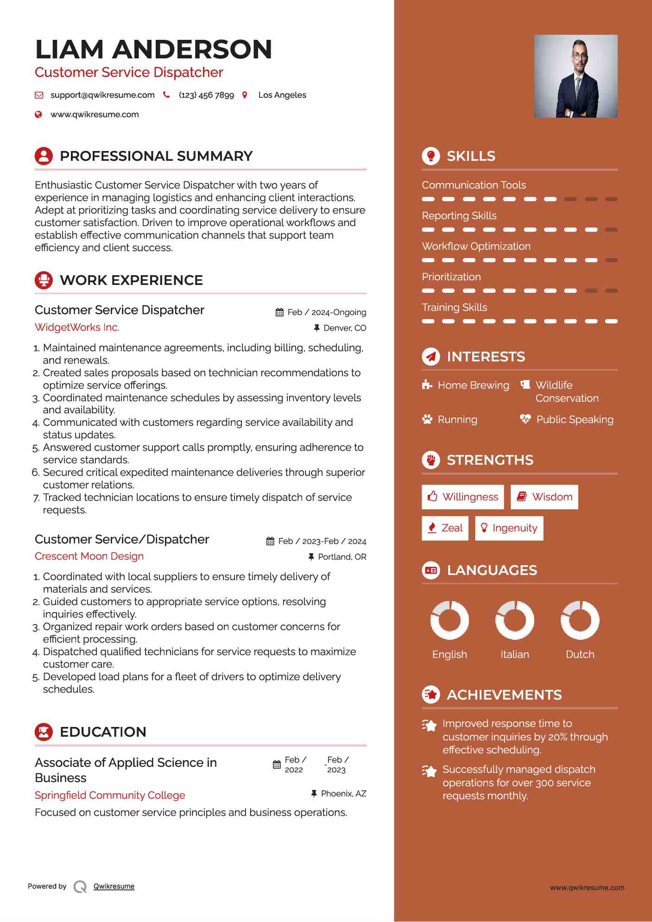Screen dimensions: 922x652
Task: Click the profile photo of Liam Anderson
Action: point(576,76)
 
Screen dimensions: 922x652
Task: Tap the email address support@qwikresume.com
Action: point(102,95)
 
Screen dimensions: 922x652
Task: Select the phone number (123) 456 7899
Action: point(206,95)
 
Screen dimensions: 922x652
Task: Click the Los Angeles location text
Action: point(282,95)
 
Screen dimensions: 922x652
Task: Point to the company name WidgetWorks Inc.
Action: point(77,327)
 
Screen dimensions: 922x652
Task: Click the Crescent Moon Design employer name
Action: point(89,556)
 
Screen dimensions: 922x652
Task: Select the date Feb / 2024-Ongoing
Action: point(327,312)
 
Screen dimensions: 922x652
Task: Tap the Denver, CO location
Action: point(345,328)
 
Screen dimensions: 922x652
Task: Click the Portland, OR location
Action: point(342,557)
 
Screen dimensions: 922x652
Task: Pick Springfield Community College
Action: point(110,795)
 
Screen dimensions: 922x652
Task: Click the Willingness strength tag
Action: point(462,497)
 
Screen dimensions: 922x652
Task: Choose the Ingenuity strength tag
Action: point(509,528)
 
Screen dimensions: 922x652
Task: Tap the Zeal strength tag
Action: point(445,528)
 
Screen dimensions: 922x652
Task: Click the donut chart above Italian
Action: point(514,620)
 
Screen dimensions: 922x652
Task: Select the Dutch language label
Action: point(580,654)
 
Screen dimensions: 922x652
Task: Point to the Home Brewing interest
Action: point(473,385)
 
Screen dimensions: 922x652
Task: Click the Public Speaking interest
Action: point(575,419)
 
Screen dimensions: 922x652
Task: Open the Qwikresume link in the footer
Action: point(114,886)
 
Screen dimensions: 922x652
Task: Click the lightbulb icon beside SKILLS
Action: point(431,156)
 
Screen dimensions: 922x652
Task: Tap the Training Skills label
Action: point(454,307)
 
